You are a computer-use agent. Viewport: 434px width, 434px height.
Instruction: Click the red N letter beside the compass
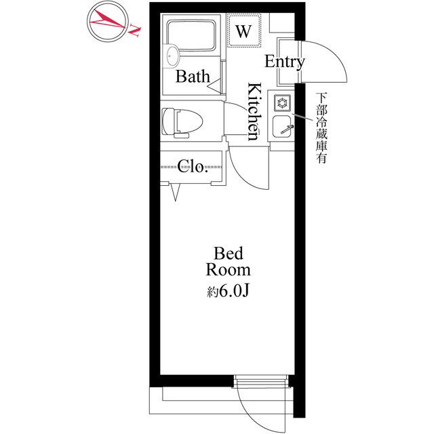click(135, 30)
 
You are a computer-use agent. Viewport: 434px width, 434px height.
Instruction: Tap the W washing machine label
click(243, 31)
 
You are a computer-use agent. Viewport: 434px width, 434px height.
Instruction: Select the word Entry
click(285, 62)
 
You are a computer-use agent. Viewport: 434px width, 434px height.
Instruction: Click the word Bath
click(193, 76)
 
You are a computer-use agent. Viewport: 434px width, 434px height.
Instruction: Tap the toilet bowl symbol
click(182, 122)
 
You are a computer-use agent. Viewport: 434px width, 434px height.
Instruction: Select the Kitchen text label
click(254, 111)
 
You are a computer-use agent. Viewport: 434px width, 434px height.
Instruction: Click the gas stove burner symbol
click(282, 103)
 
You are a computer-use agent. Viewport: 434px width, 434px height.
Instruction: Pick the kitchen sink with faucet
click(282, 127)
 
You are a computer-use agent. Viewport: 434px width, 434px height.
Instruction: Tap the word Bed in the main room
click(229, 253)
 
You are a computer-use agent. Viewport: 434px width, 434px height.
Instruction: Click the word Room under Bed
click(229, 269)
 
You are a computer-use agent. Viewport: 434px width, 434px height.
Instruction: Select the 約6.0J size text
click(229, 291)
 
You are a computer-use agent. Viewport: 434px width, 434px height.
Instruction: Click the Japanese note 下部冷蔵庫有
click(321, 128)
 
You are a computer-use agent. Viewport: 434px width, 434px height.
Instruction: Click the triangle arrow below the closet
click(175, 192)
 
